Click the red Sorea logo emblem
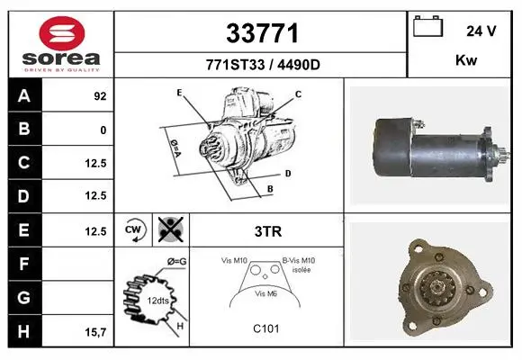pos(62,33)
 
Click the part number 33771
pos(262,33)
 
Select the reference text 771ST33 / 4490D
pos(263,65)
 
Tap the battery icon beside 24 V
pos(427,26)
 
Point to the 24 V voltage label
pos(481,31)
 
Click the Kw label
pos(466,60)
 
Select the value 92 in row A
pos(100,96)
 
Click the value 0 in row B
pos(103,130)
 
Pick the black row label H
pos(24,331)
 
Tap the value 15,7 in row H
pos(95,332)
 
